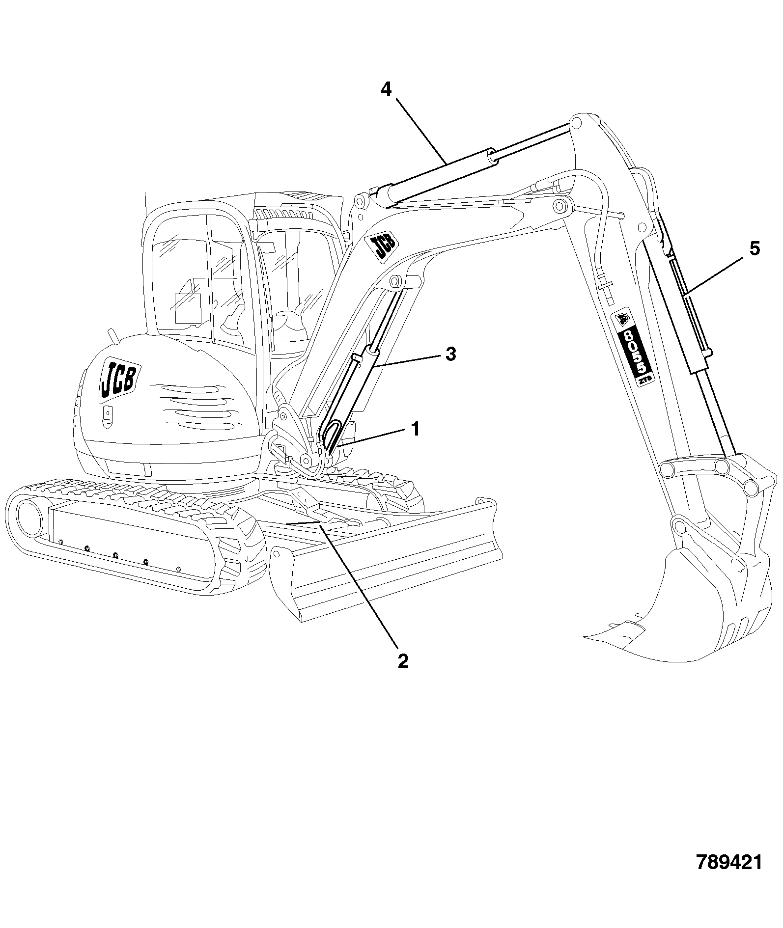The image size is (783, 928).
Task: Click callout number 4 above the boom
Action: (x=386, y=89)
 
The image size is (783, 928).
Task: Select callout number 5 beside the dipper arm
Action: (x=755, y=248)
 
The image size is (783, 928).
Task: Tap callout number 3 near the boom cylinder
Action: (x=450, y=354)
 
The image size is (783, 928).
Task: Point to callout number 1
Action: (x=416, y=429)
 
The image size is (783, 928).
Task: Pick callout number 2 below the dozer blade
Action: (x=403, y=660)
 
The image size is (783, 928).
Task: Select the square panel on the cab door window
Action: (x=188, y=308)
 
